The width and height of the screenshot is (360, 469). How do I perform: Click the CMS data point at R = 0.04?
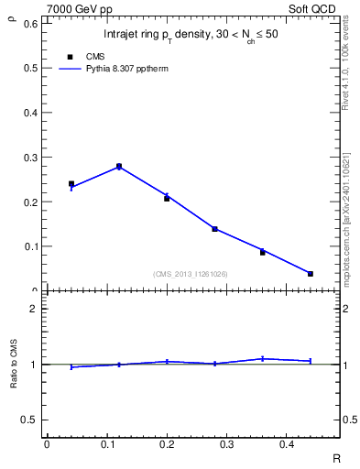(71, 184)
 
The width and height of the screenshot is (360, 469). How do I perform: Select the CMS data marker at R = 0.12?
(119, 167)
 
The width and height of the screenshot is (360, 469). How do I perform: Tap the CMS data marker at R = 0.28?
(214, 229)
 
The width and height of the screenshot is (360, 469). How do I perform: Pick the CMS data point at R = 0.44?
(311, 274)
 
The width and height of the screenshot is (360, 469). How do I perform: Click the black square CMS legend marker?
(71, 57)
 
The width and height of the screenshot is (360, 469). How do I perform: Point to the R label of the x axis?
(336, 458)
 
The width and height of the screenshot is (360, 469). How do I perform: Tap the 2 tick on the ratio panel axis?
(34, 309)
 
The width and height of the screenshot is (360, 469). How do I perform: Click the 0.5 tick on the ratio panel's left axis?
(29, 420)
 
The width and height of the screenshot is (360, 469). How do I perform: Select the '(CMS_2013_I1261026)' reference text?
(191, 274)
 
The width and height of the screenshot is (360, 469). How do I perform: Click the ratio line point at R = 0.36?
(263, 358)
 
